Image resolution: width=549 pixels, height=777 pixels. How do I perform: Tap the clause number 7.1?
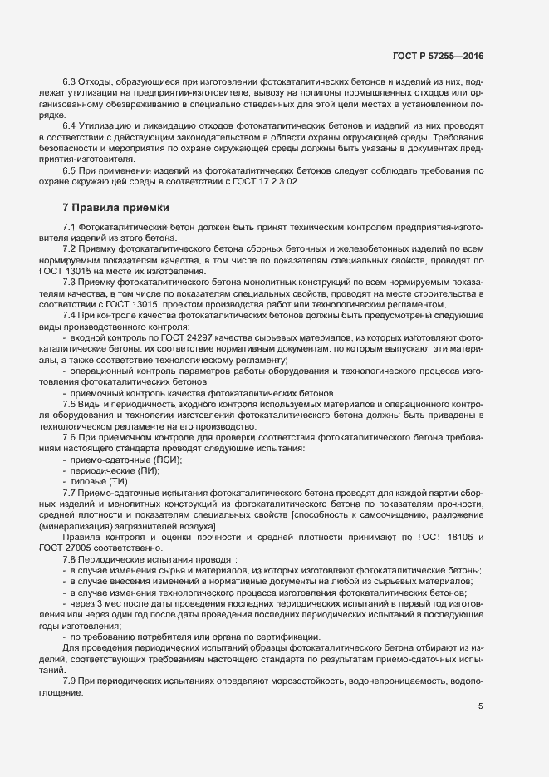pyautogui.click(x=70, y=228)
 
